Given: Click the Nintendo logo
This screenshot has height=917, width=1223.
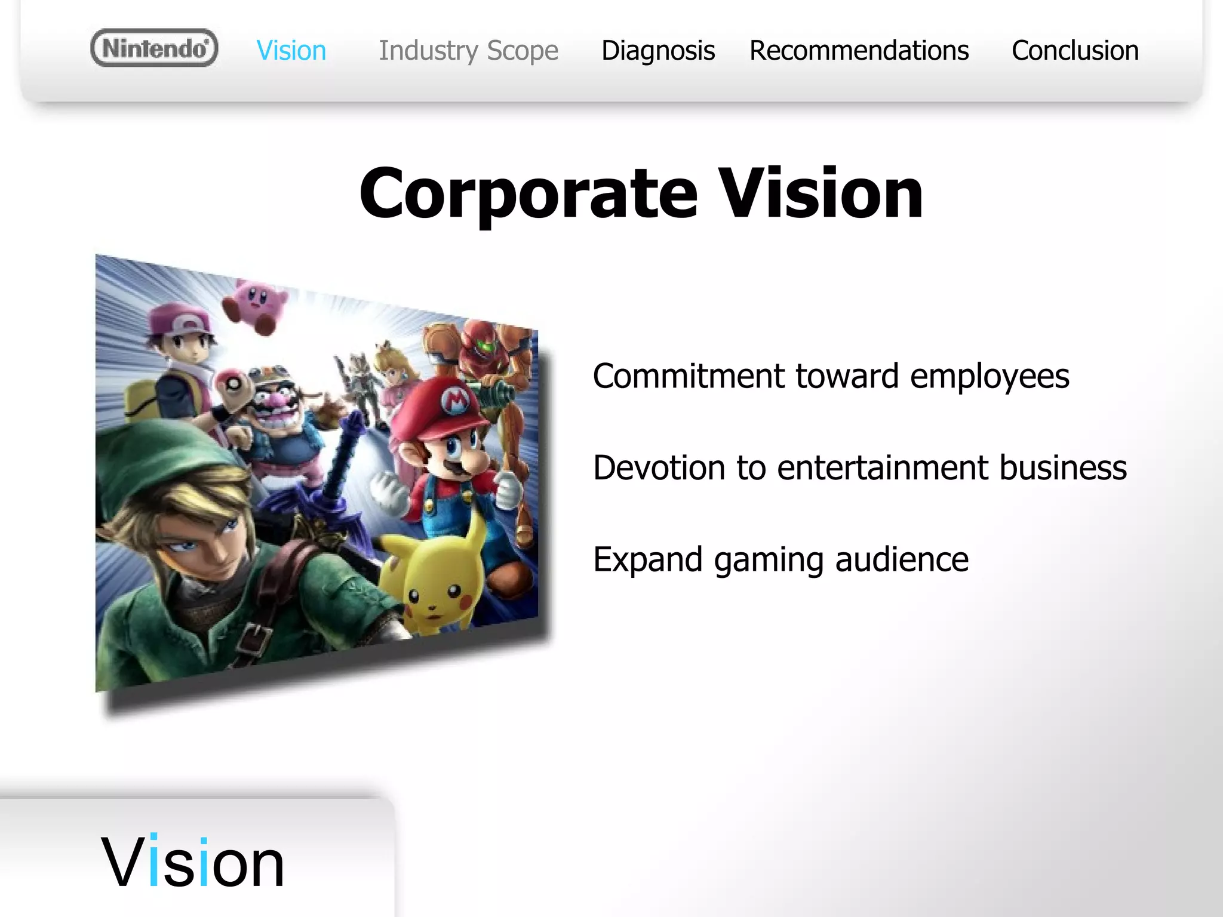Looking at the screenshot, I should click(154, 48).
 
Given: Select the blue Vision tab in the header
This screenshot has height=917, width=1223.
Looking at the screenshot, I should click(291, 51).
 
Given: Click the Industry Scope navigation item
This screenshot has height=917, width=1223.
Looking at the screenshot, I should click(468, 51).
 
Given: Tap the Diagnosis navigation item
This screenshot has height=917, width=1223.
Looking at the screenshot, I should click(657, 51).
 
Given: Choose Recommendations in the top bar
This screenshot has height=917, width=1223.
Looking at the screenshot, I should click(859, 51).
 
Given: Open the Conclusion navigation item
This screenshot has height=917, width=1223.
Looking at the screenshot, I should click(1074, 51).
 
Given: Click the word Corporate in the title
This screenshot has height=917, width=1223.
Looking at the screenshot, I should click(528, 194).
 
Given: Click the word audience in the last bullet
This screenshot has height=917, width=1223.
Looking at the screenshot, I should click(901, 559).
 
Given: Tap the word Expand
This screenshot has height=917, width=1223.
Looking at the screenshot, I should click(647, 561).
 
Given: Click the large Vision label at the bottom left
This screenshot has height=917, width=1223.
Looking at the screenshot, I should click(192, 863).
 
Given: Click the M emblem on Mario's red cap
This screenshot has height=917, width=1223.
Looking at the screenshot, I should click(456, 399).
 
